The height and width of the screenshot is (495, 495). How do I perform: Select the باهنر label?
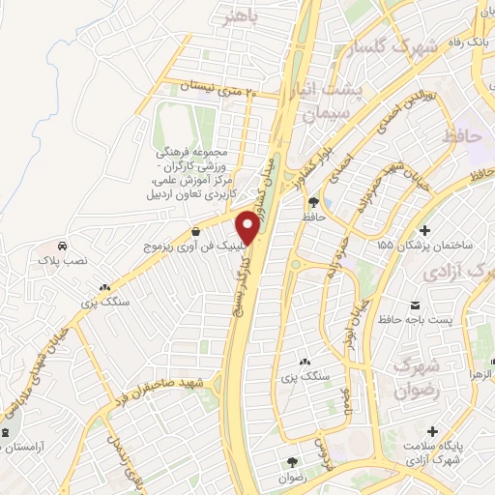click(x=241, y=16)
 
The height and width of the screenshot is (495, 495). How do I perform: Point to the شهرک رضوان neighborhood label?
click(x=418, y=377)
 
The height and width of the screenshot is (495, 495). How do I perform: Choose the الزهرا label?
click(x=481, y=372)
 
